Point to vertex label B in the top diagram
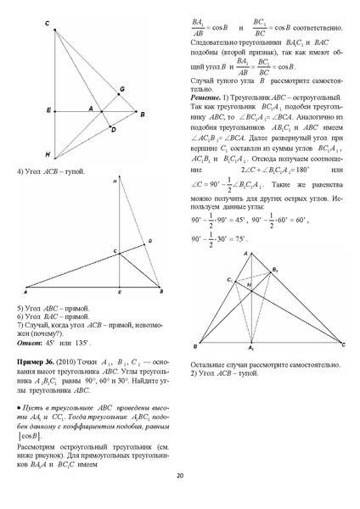142,113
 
